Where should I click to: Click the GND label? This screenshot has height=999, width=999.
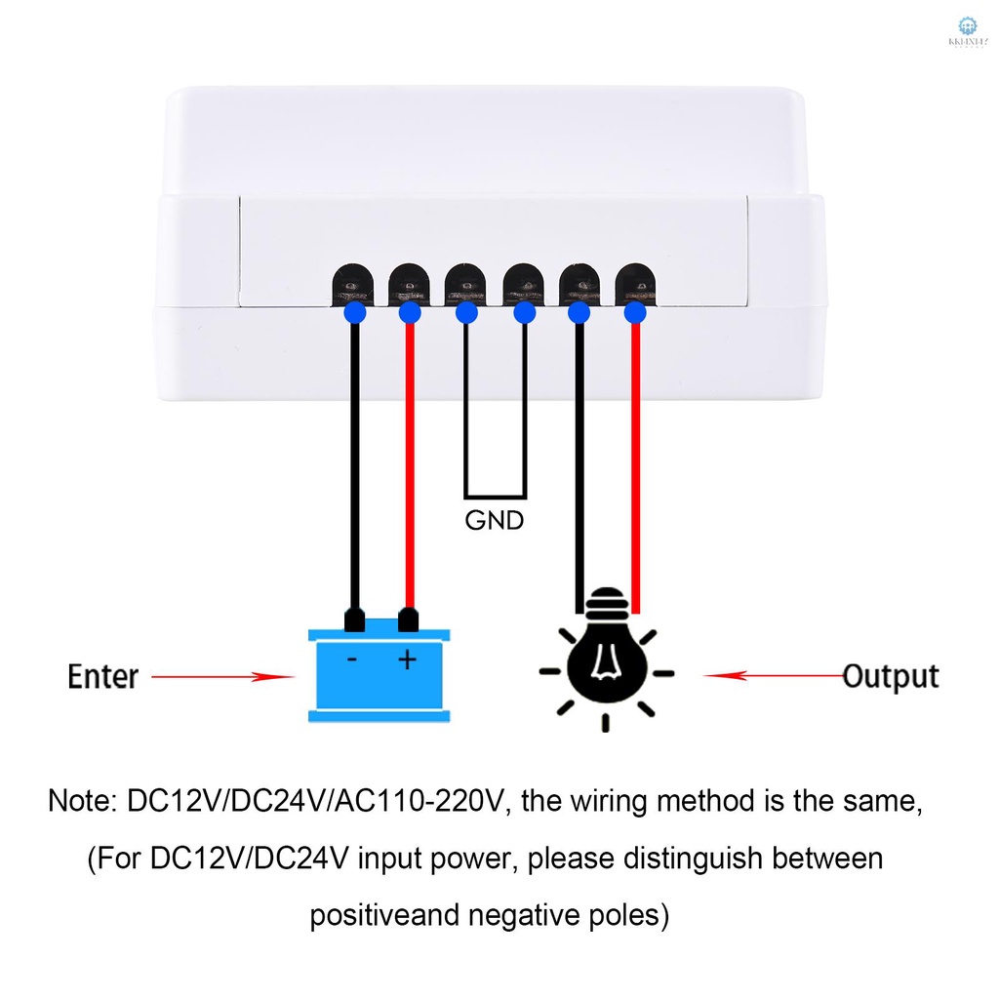pos(495,520)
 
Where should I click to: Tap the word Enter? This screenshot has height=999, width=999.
pos(103,675)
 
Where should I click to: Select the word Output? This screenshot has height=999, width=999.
pos(890,675)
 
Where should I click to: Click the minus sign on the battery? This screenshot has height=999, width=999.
pos(352,660)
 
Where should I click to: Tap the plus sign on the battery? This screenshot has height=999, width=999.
pos(407,660)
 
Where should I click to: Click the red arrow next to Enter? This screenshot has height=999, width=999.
pos(223,675)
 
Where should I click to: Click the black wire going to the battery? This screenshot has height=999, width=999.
pos(354,468)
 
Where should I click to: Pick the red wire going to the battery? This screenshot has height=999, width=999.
pos(410,468)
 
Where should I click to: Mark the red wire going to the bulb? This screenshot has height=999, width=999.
pos(635,468)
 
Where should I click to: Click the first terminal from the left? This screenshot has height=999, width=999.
pos(352,284)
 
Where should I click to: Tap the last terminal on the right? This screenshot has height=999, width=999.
pos(636,284)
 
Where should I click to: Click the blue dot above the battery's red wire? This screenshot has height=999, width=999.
pos(410,312)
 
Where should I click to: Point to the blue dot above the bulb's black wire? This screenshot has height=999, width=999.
pos(579,312)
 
